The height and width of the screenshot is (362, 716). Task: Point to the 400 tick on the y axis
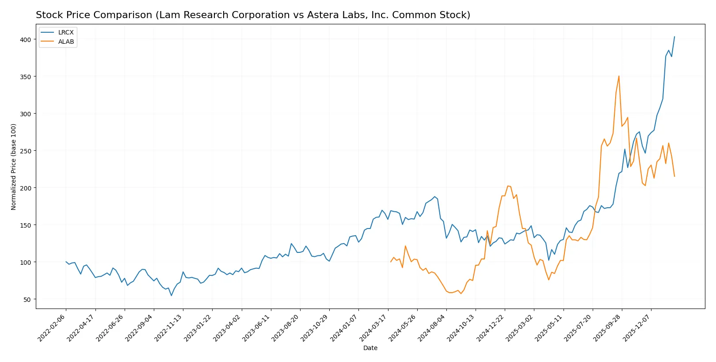pos(25,39)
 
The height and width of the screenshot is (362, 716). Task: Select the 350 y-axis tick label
pos(25,76)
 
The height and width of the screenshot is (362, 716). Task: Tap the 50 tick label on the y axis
pos(27,299)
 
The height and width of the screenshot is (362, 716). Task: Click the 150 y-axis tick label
pos(25,225)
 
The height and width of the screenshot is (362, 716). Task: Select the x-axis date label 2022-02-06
pos(52,328)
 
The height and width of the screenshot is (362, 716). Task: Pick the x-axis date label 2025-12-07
pos(637,328)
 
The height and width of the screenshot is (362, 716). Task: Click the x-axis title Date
pos(370,348)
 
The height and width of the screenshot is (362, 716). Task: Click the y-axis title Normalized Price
pos(14,167)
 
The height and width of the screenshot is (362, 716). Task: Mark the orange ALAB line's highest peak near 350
pos(619,76)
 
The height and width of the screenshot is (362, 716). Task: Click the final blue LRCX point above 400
pos(674,37)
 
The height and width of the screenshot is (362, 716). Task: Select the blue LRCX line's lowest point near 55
pos(171,295)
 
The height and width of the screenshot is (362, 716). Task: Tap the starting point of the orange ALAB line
pos(391,262)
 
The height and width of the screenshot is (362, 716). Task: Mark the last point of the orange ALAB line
pos(674,176)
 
